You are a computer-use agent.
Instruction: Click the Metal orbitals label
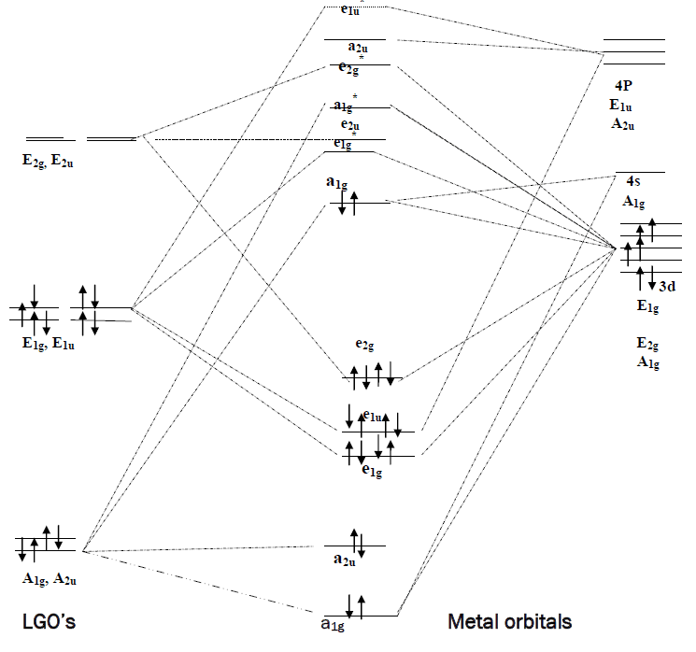tap(510, 621)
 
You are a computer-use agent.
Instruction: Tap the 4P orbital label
tap(622, 86)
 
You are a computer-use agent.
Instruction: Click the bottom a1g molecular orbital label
tap(334, 623)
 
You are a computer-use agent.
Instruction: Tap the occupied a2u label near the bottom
tap(345, 560)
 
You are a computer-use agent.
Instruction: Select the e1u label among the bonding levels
tap(376, 417)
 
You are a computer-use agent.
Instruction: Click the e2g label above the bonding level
tap(365, 345)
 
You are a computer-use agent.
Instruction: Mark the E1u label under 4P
tap(623, 104)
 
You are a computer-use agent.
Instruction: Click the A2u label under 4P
tap(623, 122)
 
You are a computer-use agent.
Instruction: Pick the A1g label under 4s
tap(636, 200)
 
